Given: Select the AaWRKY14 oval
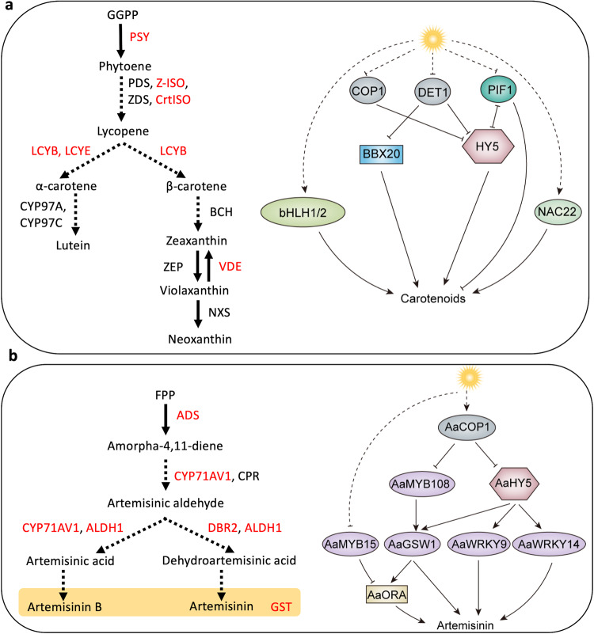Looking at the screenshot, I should tap(544, 543).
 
